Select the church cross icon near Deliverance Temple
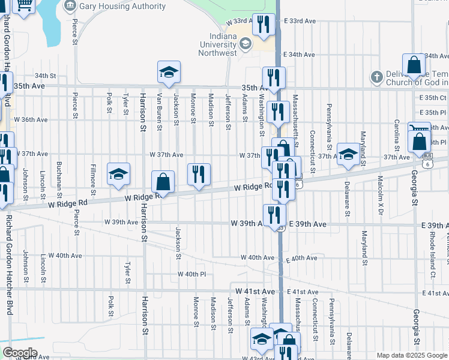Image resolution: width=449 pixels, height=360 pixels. coord(376,77)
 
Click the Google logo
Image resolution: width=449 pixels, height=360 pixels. coord(20,352)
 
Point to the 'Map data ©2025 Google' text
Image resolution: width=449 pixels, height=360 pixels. coord(411,355)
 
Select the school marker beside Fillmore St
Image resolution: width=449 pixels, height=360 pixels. coord(119,175)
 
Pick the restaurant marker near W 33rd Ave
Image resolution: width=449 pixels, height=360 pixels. coord(263,25)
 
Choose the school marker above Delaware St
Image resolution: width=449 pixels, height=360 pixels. coord(348,155)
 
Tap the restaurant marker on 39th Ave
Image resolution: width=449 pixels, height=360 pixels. coord(274,214)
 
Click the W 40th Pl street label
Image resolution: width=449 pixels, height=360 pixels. coord(191,274)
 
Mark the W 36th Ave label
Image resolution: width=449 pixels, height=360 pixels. coord(34,119)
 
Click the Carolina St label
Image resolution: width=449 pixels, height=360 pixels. coord(397,134)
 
